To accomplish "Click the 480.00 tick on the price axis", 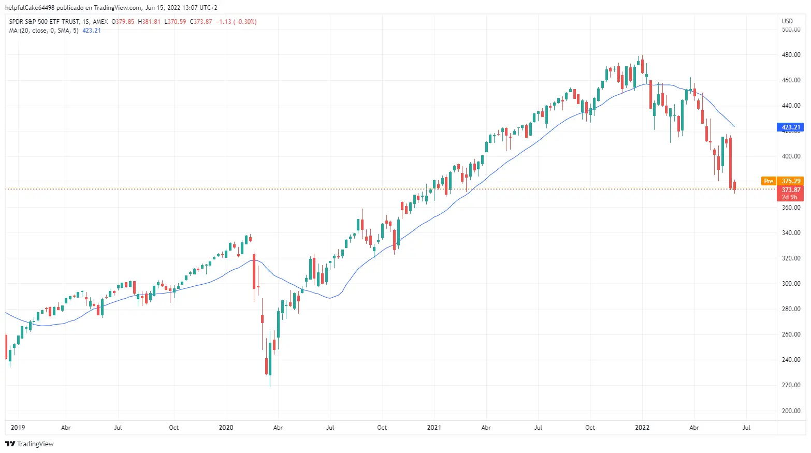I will coord(791,55).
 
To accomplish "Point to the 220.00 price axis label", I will coord(791,385).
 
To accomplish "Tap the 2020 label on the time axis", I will coord(226,428).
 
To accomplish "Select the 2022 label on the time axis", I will coord(642,428).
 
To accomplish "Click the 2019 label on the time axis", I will coord(18,428).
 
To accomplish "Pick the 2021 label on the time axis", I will coord(434,428).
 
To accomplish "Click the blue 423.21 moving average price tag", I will coord(791,127).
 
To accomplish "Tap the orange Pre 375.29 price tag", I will coord(783,181).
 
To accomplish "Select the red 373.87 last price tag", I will coord(791,190).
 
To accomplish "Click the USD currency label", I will coord(787,21).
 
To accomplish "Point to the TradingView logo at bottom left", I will coord(30,444).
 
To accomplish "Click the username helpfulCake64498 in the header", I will coord(30,8).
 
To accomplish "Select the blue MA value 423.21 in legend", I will coord(92,31).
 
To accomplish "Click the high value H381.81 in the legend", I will coord(149,22).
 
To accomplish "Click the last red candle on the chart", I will coord(734,186).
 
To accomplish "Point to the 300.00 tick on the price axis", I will coord(791,284).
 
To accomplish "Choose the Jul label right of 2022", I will coord(746,428).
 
